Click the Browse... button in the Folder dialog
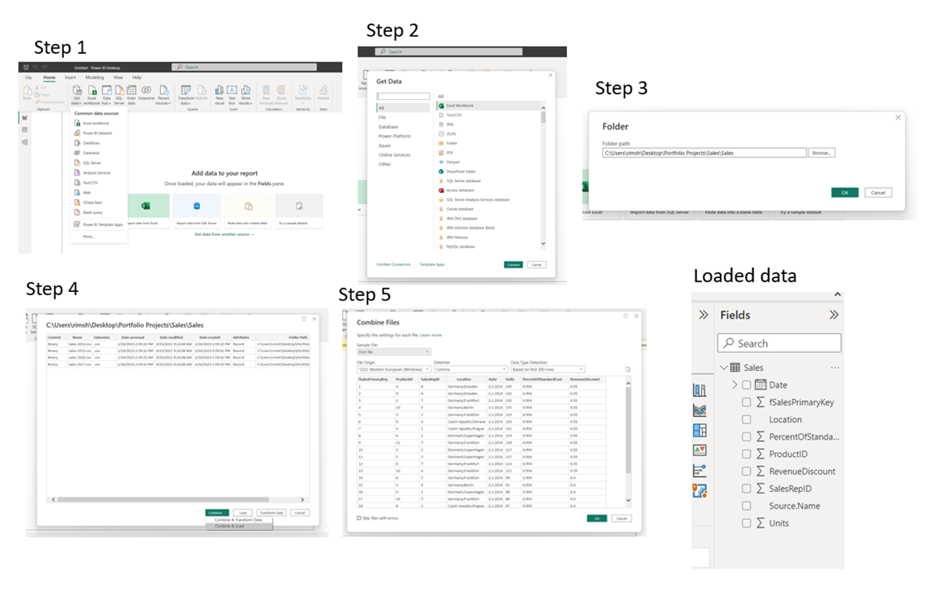pos(821,153)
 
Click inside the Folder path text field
pos(703,153)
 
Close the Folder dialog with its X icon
pos(898,117)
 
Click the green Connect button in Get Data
pos(513,265)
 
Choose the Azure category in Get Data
pos(385,145)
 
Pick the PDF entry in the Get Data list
pos(450,152)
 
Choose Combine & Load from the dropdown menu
pos(240,526)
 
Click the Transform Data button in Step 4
pos(271,512)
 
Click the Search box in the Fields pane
pos(779,343)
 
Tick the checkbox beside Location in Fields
pos(746,419)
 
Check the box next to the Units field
pos(746,523)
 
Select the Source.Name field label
pos(794,506)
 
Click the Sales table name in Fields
pos(753,367)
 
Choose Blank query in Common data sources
pos(92,212)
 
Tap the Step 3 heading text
pos(621,88)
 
